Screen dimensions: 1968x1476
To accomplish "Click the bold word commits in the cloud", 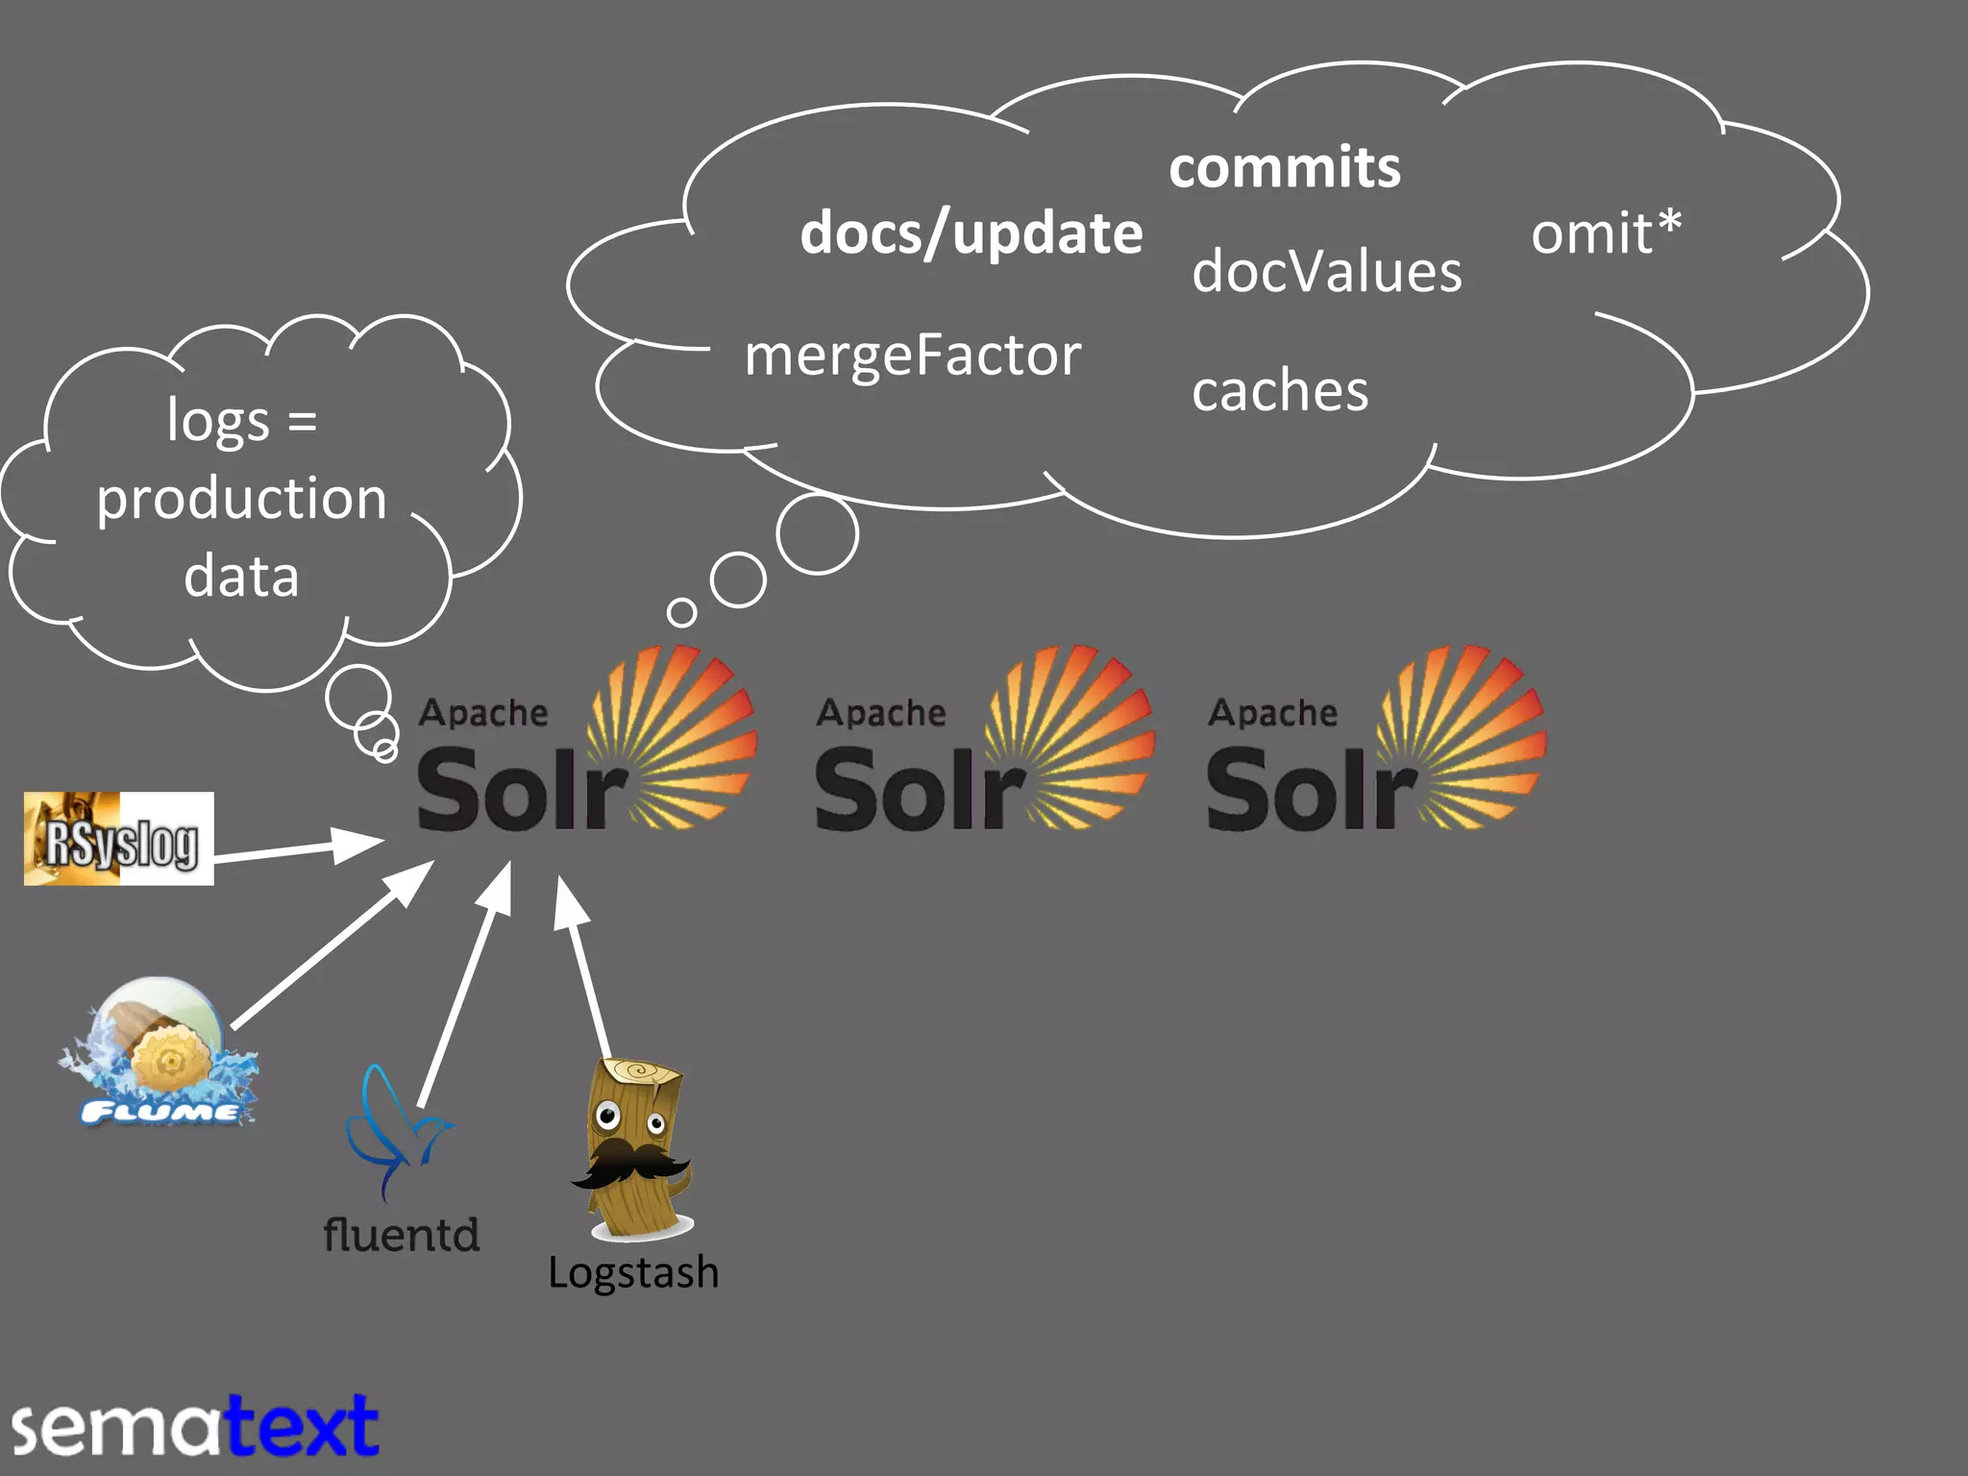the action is click(1285, 168).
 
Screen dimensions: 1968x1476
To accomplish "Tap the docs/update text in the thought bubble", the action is click(972, 234).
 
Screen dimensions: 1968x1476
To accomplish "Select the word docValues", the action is click(1326, 272).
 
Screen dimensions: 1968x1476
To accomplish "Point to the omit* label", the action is click(1606, 234).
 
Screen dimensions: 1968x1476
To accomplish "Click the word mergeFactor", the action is click(913, 356).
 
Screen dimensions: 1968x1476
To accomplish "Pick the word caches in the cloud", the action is click(1280, 391).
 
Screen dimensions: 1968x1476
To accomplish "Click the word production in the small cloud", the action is click(241, 499).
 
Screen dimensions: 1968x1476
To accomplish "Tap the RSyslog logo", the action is click(119, 839).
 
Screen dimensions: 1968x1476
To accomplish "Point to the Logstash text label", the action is click(633, 1273).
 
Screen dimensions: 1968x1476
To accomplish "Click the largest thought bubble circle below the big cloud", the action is click(817, 534).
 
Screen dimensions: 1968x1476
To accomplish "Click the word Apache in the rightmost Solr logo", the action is click(1272, 713).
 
